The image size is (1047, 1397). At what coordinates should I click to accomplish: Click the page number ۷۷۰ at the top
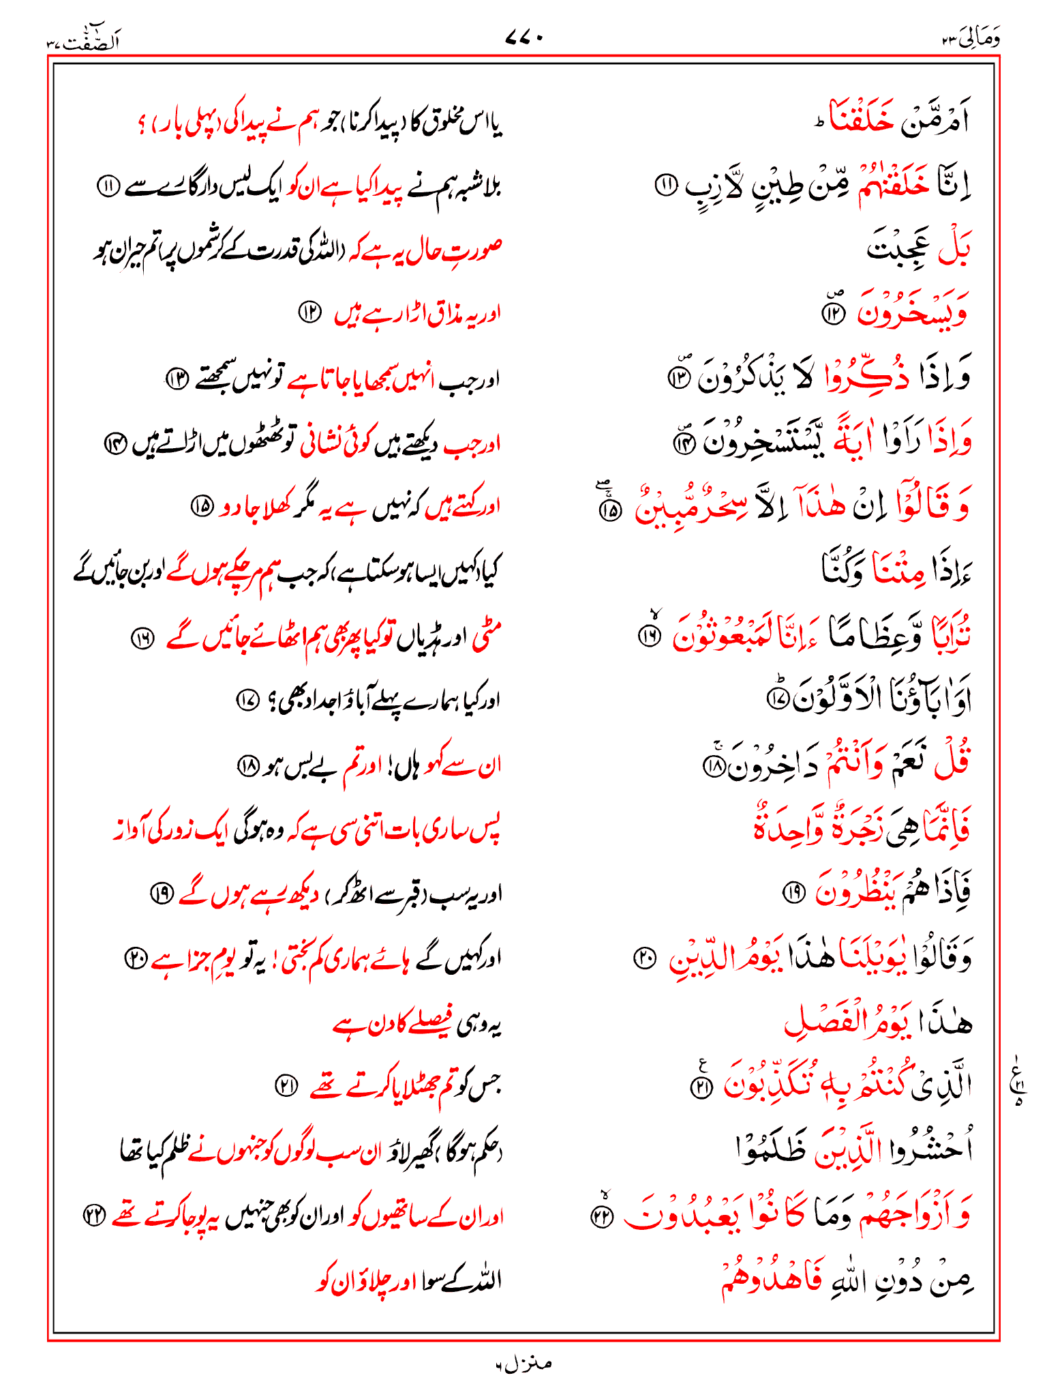pyautogui.click(x=523, y=40)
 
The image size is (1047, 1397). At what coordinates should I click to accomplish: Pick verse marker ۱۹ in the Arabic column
pyautogui.click(x=793, y=892)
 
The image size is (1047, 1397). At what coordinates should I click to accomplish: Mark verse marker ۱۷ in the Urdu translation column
pyautogui.click(x=245, y=700)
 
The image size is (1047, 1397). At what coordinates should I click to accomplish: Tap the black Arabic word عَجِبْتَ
pyautogui.click(x=894, y=249)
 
